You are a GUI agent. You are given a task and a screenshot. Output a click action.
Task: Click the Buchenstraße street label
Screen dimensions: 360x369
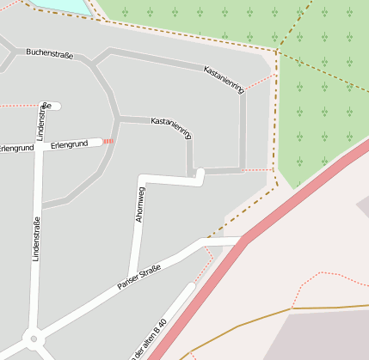(49, 54)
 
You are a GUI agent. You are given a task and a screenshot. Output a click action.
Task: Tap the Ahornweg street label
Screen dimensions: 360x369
(139, 204)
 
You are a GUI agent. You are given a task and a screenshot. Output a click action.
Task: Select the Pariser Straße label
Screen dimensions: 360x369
(138, 281)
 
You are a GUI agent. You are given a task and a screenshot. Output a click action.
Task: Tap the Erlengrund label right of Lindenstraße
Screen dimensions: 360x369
(70, 144)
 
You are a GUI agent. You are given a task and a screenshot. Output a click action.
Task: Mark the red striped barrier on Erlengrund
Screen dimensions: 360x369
(108, 142)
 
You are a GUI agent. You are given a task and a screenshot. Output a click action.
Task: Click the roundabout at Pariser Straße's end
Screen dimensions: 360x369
(34, 339)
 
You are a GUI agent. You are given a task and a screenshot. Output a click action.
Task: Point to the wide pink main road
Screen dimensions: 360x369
(284, 206)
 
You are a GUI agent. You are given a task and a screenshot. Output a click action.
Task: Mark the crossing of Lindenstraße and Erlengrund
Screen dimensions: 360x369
(38, 146)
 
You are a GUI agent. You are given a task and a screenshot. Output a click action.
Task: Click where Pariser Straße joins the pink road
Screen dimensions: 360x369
(242, 242)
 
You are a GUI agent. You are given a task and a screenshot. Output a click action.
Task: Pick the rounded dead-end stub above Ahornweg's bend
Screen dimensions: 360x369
(200, 174)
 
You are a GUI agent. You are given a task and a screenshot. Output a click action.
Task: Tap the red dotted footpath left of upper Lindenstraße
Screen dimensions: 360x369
(17, 105)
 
